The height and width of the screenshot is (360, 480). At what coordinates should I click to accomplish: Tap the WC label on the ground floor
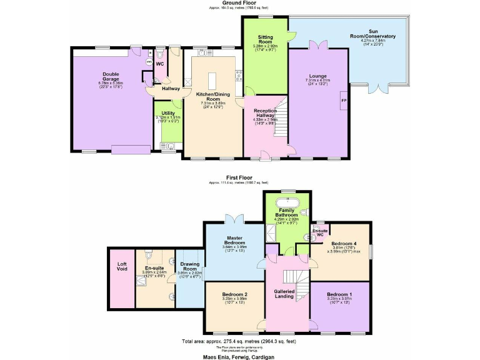159,64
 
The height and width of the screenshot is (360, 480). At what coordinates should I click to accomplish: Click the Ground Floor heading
240,3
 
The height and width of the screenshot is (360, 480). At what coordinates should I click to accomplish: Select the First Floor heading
240,177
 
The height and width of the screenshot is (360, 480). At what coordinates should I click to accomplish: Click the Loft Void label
122,266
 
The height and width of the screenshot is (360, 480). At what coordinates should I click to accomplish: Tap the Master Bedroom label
235,241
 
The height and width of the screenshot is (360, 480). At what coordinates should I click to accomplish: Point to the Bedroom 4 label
343,244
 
